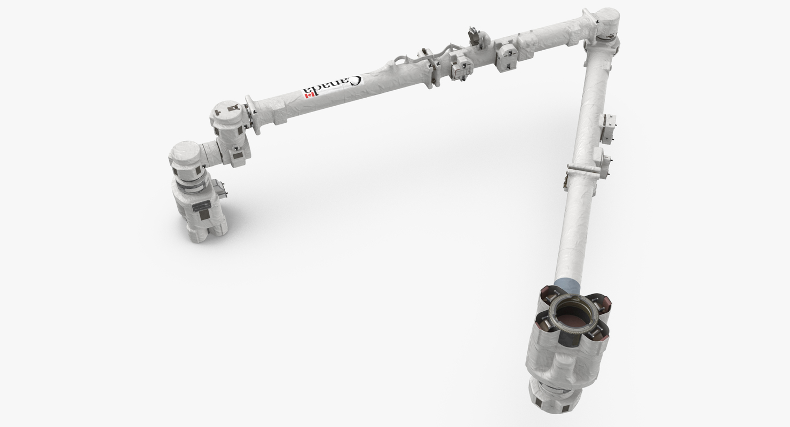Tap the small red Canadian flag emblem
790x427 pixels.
pos(309,95)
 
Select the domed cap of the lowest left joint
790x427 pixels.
pos(185,153)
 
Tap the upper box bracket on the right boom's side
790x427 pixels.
pos(610,129)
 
